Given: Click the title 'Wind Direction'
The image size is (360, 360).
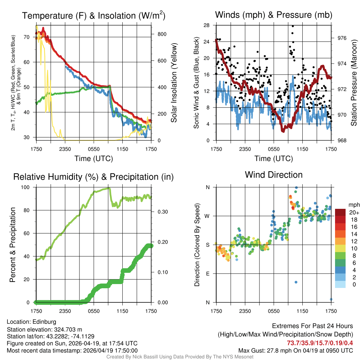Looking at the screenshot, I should [274, 175].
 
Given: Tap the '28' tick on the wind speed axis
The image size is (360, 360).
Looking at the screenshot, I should [207, 25].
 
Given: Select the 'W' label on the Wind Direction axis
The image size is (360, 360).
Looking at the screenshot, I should [207, 216].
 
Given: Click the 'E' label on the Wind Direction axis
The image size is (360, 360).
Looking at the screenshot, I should [208, 274].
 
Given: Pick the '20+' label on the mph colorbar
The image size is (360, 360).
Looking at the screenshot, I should [354, 212].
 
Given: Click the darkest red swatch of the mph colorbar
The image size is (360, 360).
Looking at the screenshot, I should [340, 212].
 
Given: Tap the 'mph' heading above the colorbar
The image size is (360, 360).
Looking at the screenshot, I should [353, 205].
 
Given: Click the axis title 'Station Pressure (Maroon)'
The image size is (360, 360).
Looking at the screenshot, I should [354, 83].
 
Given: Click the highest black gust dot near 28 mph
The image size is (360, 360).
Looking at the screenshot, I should [292, 26].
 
